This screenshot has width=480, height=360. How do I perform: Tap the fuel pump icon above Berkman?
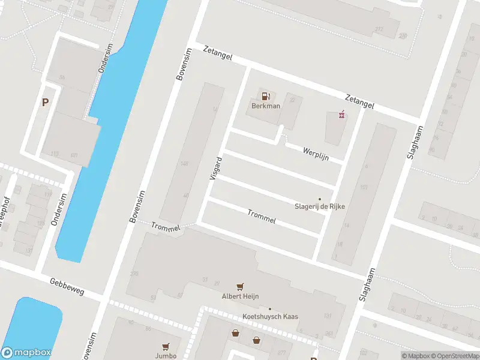[x=265, y=95]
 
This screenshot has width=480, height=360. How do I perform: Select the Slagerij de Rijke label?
[x=319, y=208]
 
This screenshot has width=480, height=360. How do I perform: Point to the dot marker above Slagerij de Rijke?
[x=319, y=199]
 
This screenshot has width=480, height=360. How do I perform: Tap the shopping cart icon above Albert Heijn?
[x=241, y=287]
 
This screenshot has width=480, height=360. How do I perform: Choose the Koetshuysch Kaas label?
[x=270, y=317]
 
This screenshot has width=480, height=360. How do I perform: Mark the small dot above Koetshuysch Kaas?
[x=269, y=309]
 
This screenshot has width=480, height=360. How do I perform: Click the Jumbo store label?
[x=165, y=355]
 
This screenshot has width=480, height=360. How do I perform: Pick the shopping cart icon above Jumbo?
[x=165, y=346]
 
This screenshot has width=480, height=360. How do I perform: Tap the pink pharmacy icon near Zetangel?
[x=342, y=115]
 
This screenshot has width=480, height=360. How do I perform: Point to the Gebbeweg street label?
[x=67, y=287]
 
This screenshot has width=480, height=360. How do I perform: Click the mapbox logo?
[x=26, y=353]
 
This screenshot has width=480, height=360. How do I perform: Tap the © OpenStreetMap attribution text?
[x=455, y=356]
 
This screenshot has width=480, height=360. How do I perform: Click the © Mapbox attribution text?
[x=415, y=356]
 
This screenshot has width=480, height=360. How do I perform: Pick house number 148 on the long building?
[x=184, y=164]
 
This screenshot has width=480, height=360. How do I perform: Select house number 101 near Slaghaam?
[x=364, y=187]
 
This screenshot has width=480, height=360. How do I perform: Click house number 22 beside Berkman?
[x=292, y=100]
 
